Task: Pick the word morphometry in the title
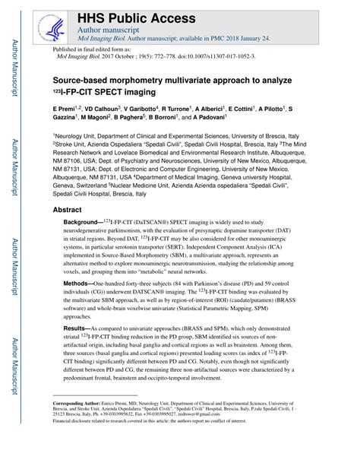point(150,78)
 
